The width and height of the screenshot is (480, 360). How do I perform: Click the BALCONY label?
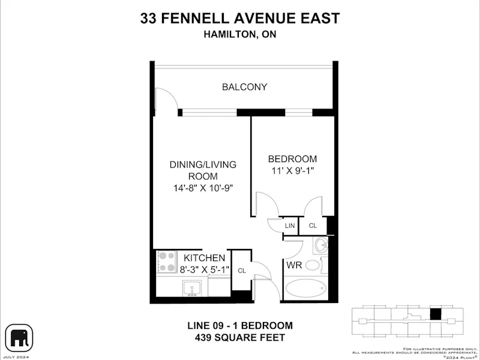click(x=245, y=87)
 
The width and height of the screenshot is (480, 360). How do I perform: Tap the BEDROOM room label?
click(x=292, y=159)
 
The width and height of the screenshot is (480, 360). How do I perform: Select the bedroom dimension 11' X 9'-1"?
click(x=293, y=170)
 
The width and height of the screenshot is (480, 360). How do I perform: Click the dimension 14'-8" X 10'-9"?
click(x=203, y=188)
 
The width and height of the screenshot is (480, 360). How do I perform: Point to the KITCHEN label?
click(x=204, y=258)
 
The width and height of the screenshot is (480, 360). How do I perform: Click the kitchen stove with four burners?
click(x=167, y=262)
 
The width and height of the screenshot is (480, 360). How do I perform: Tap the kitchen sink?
click(x=191, y=289)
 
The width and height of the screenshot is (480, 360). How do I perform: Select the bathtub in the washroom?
click(x=305, y=288)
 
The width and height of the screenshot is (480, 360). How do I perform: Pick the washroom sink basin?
click(x=321, y=245)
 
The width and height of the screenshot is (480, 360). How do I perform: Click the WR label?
click(x=294, y=265)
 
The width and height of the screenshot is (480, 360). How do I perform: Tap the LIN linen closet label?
click(x=290, y=226)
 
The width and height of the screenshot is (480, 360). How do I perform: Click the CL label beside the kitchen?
click(x=242, y=271)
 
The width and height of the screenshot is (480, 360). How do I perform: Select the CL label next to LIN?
click(x=313, y=226)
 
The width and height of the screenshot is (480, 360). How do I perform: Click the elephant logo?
click(x=19, y=338)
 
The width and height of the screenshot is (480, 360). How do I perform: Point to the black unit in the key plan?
click(x=436, y=314)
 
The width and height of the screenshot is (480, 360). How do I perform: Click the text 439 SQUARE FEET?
click(x=240, y=338)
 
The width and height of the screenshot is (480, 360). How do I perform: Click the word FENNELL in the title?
click(x=194, y=18)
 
